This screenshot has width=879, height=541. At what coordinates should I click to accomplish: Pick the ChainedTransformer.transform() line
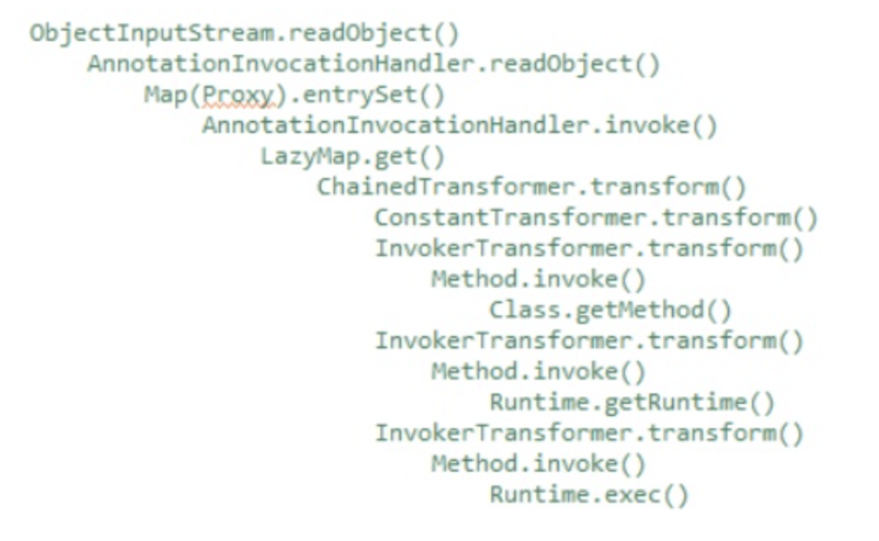coord(531,188)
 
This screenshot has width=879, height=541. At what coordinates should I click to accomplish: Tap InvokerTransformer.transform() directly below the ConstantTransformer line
coord(589,249)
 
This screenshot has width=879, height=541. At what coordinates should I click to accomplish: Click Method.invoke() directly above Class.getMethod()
coord(538,280)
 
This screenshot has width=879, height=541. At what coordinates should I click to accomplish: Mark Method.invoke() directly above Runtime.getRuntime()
coord(538,372)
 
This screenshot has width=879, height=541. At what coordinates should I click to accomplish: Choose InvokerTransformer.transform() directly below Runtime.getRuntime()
coord(589,434)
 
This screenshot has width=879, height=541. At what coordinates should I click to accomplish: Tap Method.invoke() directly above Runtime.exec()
coord(538,464)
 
